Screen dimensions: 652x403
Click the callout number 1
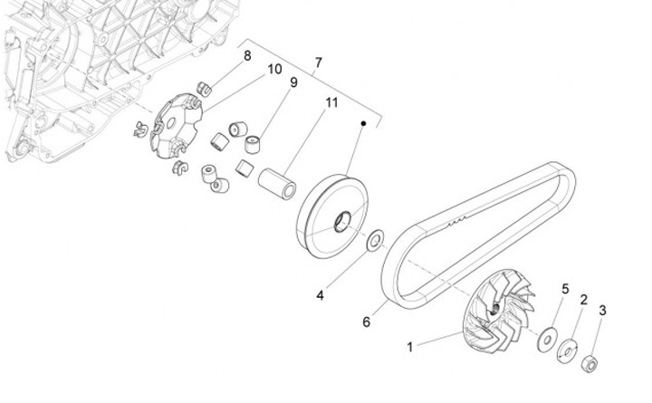[410, 346]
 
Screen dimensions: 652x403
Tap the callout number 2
[584, 300]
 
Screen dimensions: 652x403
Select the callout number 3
[602, 311]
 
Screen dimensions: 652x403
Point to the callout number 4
[320, 294]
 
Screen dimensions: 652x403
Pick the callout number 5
[565, 290]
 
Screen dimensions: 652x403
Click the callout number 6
[367, 321]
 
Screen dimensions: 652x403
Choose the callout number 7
[317, 63]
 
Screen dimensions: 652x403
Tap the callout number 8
[247, 57]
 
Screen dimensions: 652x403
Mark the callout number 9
[293, 83]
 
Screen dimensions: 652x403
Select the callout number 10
[274, 70]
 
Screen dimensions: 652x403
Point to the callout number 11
[331, 102]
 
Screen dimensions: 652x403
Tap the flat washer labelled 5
[548, 340]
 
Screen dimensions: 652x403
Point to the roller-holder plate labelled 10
[175, 130]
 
